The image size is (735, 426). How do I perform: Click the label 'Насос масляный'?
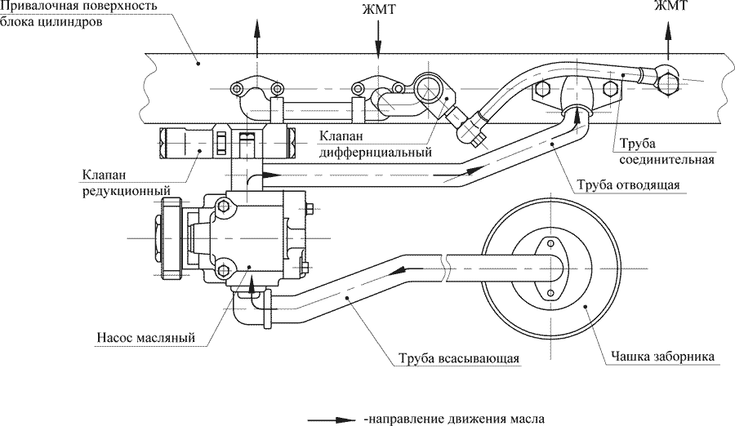coord(145,336)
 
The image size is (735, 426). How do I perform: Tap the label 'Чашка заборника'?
coord(663,357)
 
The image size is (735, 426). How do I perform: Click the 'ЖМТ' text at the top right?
coord(669,7)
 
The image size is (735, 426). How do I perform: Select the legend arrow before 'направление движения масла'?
coord(332,419)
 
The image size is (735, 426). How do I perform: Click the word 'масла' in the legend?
coord(524,419)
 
